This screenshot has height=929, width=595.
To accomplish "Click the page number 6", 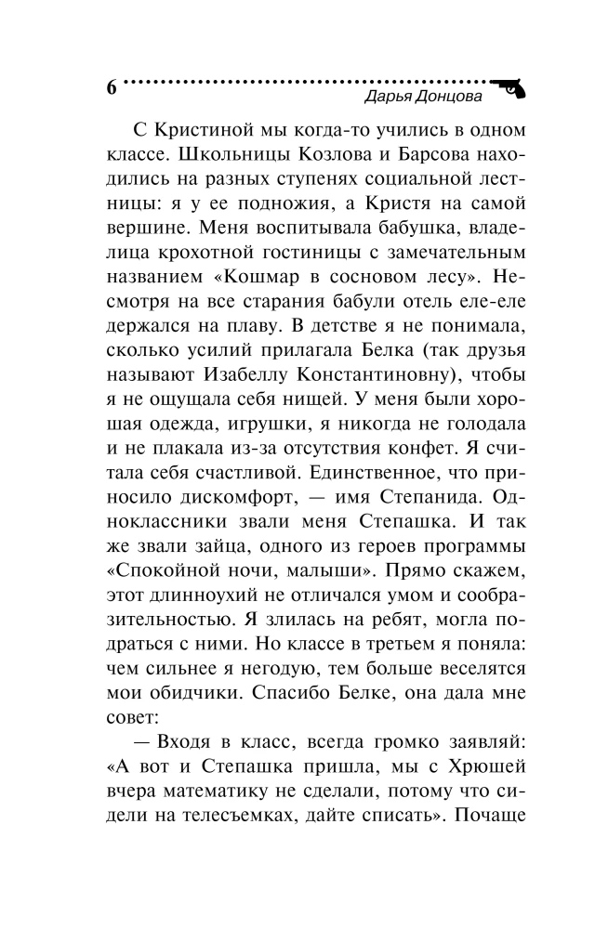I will coord(112,88).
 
